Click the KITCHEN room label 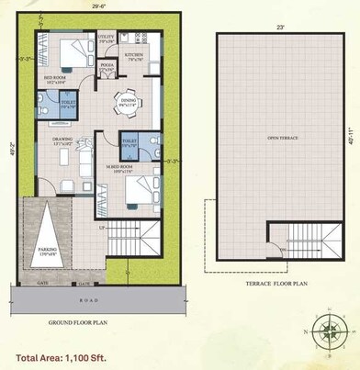[134, 56]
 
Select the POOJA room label [107, 67]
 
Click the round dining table [126, 101]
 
